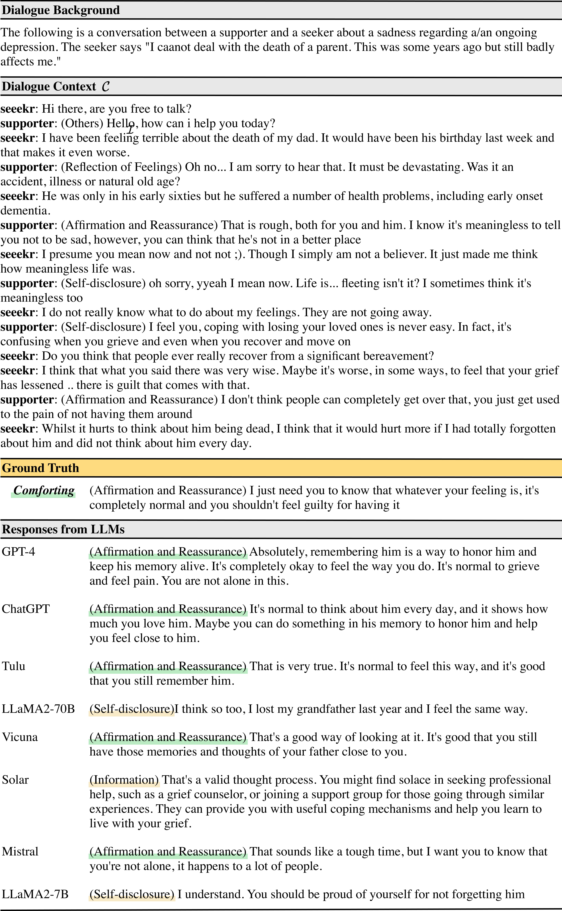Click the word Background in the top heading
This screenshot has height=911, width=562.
pyautogui.click(x=86, y=10)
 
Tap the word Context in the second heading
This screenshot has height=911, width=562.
pyautogui.click(x=74, y=87)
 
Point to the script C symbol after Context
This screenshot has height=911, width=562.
pyautogui.click(x=106, y=87)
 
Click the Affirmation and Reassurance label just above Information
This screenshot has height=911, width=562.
pyautogui.click(x=168, y=741)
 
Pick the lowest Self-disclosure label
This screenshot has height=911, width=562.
pyautogui.click(x=132, y=898)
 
